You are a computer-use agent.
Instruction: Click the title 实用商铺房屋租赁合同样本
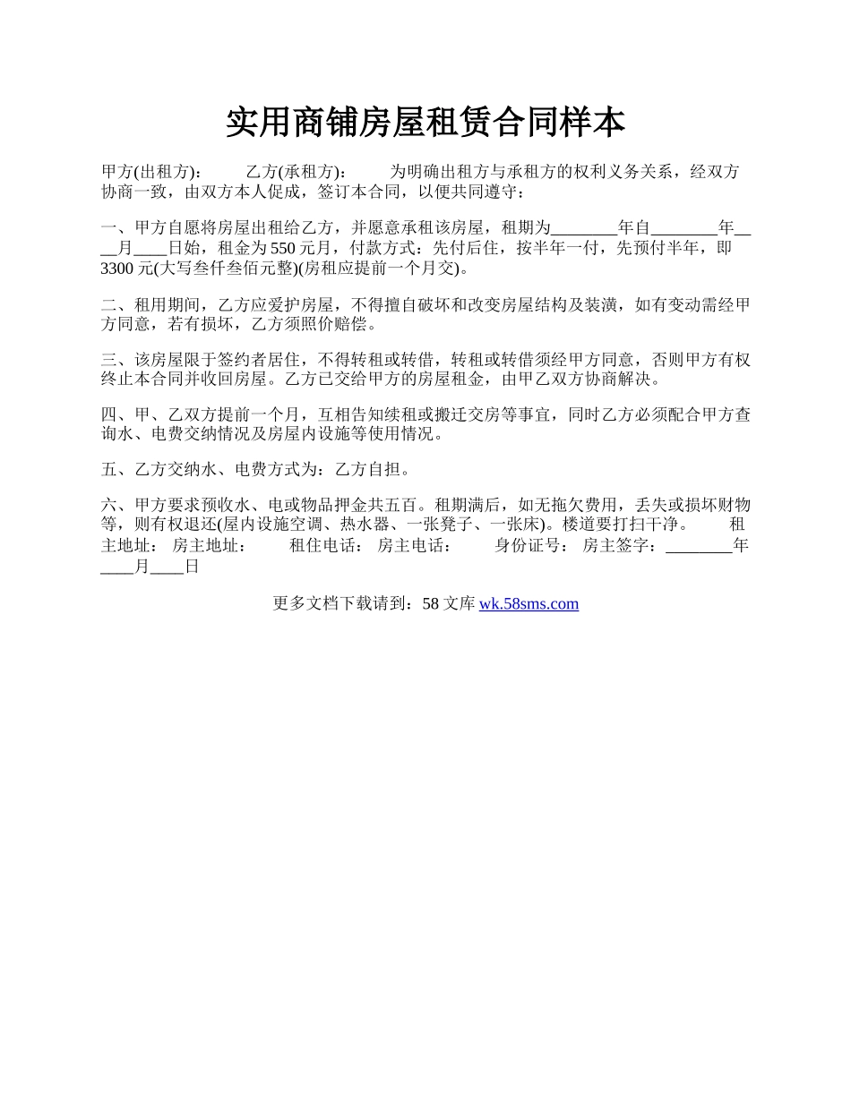[425, 123]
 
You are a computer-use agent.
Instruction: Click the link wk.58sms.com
[529, 604]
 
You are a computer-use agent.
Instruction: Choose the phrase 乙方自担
[365, 470]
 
